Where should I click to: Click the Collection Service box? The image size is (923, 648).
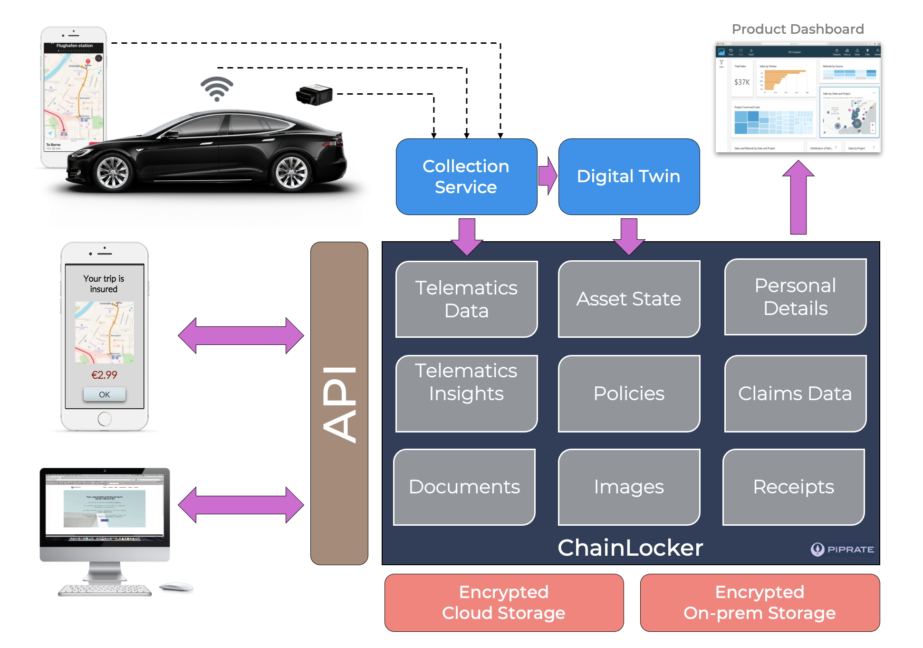[x=466, y=177]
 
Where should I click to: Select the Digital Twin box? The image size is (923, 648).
[x=628, y=177]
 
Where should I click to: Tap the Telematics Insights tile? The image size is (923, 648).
[x=466, y=393]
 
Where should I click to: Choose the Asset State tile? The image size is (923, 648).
[x=628, y=299]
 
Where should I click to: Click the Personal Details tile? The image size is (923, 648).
[x=795, y=297]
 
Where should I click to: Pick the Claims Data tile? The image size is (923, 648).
[x=795, y=393]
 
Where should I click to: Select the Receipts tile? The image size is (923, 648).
[x=793, y=487]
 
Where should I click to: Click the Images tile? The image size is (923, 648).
[x=628, y=487]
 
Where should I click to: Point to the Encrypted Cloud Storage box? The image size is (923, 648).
[x=504, y=602]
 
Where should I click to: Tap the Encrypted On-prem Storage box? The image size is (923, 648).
[x=760, y=602]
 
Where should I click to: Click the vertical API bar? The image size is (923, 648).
[x=339, y=403]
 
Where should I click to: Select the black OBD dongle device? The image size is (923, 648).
[x=314, y=95]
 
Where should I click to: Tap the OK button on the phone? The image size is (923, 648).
[x=105, y=394]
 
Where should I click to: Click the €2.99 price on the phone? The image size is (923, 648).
[x=104, y=375]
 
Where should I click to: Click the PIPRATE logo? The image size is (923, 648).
[x=842, y=550]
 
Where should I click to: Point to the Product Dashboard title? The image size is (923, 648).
[x=798, y=29]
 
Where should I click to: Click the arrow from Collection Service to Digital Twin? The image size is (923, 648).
[x=548, y=176]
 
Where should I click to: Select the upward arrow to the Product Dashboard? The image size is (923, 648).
[x=798, y=197]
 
